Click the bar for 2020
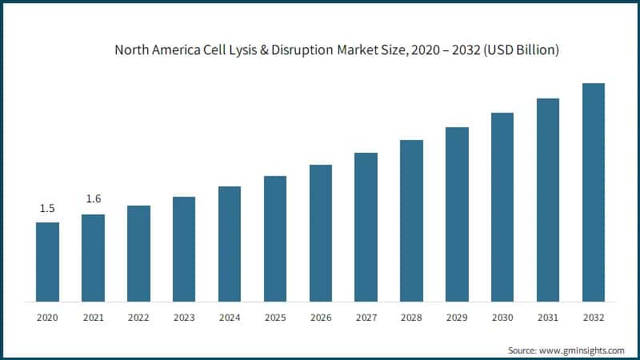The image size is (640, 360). pos(47,262)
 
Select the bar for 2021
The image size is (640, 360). pos(93,258)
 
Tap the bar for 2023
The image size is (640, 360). pos(184,249)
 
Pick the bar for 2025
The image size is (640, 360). pos(275,238)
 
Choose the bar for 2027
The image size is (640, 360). pos(366,227)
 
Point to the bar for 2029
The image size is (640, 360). pos(457,214)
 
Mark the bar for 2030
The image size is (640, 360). pos(502,207)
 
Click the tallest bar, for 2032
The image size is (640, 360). pos(593,192)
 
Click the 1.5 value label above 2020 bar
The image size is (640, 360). pos(47,209)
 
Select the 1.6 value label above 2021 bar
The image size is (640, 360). pos(93,199)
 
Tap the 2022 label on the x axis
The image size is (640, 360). pos(138,318)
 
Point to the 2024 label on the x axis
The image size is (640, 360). pos(230,318)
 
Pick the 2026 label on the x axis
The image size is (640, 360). pos(321,318)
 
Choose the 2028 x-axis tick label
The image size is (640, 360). pos(411,318)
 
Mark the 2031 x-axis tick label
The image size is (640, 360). pos(548,318)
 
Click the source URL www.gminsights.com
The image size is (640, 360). pos(585,350)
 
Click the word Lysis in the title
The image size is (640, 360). pos(244,50)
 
